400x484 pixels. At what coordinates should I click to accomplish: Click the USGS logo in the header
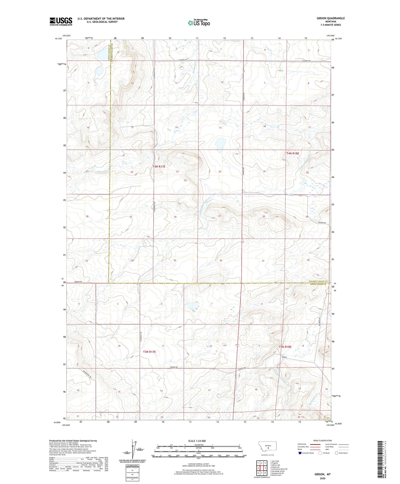pos(61,21)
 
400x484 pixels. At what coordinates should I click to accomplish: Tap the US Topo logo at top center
pos(198,23)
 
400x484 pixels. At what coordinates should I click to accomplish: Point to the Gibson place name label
pos(284,357)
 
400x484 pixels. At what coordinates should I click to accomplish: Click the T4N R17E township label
pos(159,166)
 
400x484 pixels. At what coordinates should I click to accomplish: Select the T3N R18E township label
pos(285,347)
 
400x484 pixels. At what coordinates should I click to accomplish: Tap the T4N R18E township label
pos(293,153)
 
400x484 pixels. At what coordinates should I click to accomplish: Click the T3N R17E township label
pos(149,352)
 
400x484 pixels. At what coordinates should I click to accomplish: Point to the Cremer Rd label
pos(78,282)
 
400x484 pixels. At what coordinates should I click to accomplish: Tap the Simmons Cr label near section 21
pos(104,171)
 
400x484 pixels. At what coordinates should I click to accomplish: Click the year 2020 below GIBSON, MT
pos(322,478)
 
